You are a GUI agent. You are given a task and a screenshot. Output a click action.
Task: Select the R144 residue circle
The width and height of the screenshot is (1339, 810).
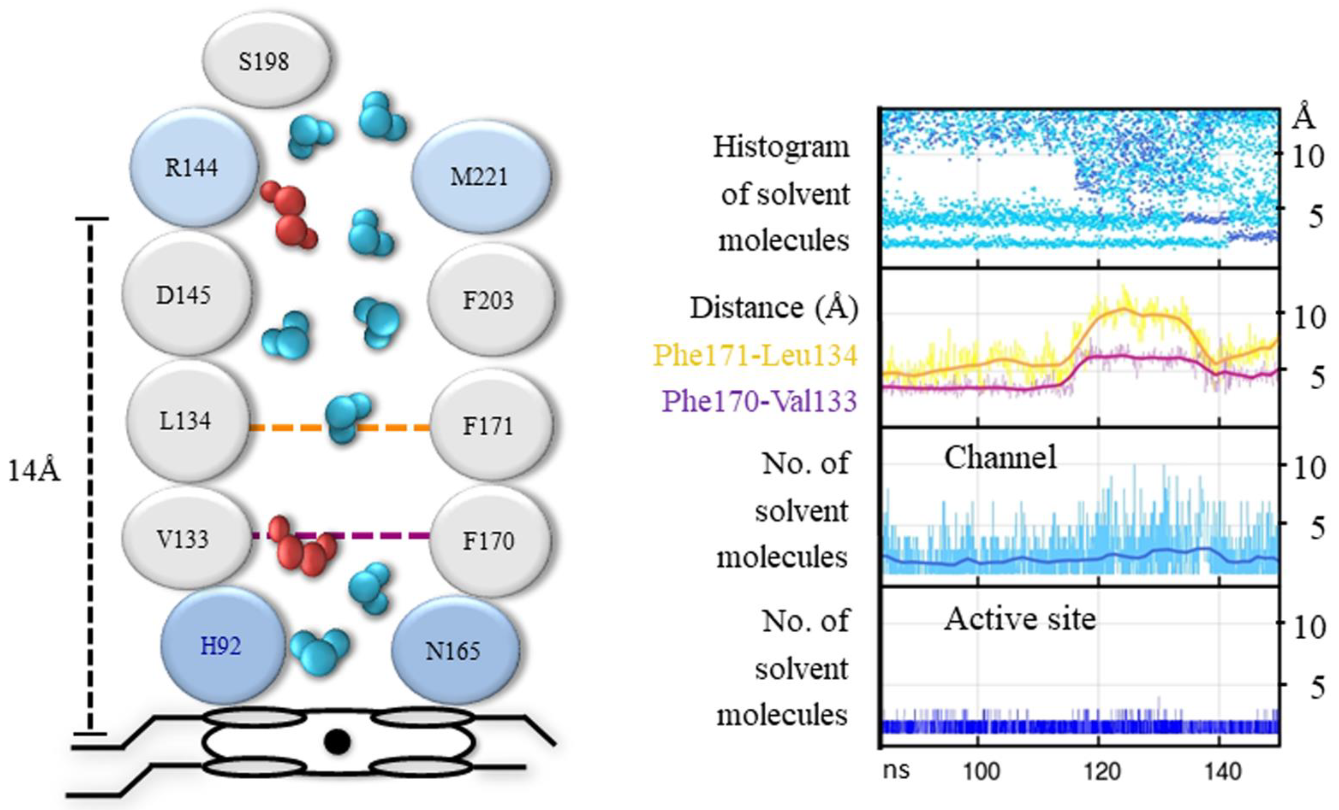coord(193,167)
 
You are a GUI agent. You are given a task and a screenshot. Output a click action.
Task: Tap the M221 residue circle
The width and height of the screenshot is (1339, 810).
coord(480,176)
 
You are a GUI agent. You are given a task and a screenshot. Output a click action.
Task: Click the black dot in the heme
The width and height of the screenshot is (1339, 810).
coord(336,742)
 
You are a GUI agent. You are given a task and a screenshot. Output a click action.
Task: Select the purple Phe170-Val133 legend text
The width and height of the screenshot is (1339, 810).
coord(759,401)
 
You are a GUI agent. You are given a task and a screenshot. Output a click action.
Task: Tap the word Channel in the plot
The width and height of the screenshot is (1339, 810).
coord(1000,458)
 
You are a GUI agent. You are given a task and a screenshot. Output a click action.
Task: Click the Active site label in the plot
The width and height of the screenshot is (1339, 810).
coord(1019,618)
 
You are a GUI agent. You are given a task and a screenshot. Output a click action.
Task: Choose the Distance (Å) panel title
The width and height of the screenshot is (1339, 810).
coord(774,308)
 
